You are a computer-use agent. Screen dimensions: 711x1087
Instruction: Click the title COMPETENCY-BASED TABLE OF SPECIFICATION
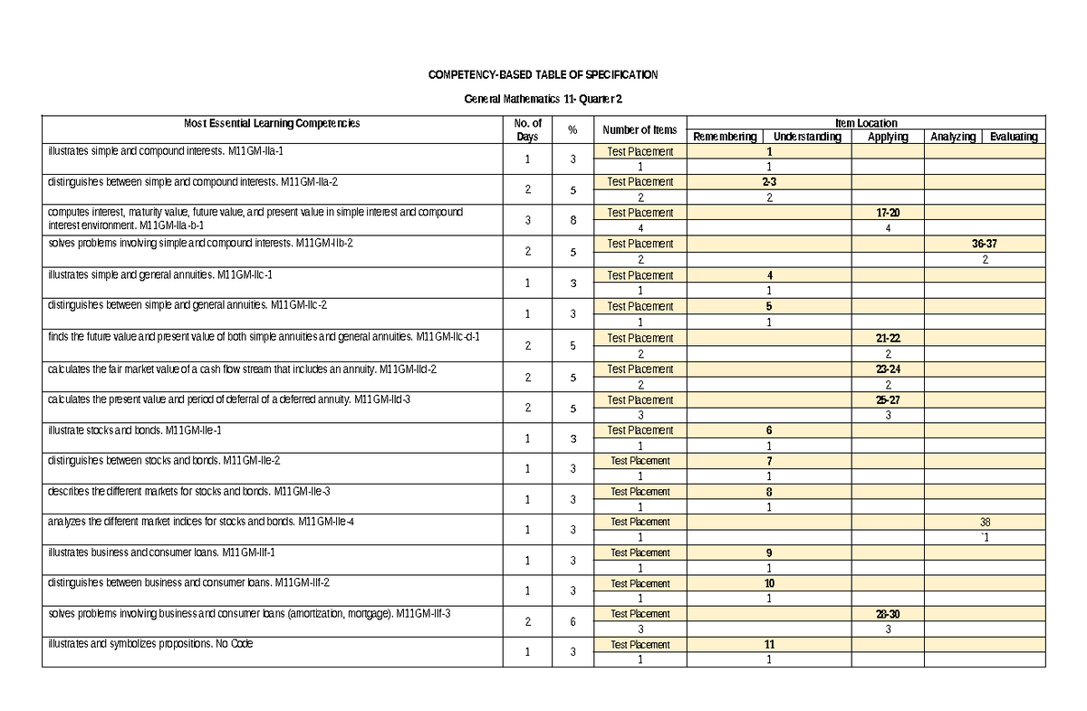543,74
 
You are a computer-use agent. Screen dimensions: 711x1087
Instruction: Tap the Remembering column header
724,137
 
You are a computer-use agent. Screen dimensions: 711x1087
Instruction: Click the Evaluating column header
1013,137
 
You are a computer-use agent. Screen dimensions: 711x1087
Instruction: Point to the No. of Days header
527,130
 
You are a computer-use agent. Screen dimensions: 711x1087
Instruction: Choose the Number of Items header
640,130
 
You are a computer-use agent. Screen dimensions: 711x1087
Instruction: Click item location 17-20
887,213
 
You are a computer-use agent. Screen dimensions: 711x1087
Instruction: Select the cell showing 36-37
984,244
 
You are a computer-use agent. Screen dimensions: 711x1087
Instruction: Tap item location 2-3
768,182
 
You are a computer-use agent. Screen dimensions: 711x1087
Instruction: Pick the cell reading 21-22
887,338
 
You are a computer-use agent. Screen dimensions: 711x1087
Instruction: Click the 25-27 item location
887,399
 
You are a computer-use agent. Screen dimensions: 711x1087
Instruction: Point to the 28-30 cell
887,614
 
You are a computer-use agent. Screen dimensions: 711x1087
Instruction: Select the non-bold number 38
985,523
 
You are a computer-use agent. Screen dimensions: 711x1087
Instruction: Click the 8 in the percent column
572,220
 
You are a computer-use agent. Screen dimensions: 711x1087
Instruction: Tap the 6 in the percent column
572,621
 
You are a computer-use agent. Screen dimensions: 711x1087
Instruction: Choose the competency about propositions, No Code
150,644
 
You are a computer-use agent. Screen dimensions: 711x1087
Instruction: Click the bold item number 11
768,645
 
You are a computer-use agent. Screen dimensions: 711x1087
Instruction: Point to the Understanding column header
806,137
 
